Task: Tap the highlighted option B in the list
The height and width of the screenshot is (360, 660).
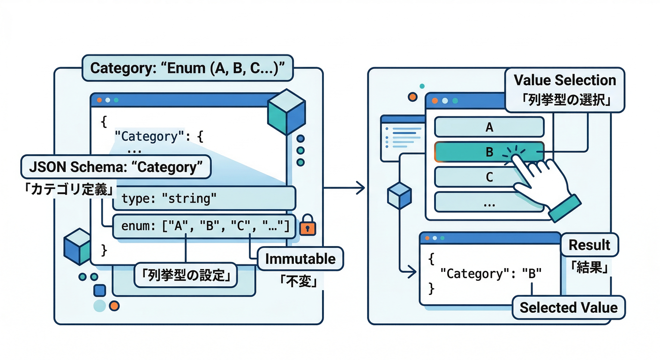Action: tap(489, 152)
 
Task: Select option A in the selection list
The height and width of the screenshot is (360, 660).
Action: tap(489, 127)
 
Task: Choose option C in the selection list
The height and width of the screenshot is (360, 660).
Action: tap(489, 177)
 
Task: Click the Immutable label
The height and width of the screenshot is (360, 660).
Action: tap(300, 259)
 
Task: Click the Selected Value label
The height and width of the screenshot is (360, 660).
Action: tap(569, 307)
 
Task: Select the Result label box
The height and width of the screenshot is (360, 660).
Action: tap(589, 245)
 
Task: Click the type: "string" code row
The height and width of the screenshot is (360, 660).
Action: tap(204, 199)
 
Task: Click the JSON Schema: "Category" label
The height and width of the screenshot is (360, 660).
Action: tap(115, 167)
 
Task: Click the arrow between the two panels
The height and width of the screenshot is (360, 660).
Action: tap(345, 188)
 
